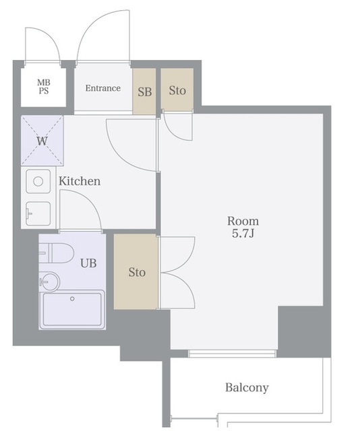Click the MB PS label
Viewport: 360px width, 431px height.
pos(44,86)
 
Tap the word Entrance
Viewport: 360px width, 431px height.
pos(103,88)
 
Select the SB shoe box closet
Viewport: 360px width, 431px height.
pos(144,92)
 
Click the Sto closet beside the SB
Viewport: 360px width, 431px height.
pos(177,90)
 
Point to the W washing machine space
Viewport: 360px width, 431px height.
pos(42,141)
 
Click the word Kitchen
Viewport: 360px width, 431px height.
pos(80,181)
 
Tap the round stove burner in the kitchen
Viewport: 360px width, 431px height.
pos(38,181)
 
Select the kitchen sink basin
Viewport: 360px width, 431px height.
pos(38,213)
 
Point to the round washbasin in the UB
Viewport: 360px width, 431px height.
pos(49,281)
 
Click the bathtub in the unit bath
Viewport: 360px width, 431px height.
pos(72,310)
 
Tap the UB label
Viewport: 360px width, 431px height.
pos(88,263)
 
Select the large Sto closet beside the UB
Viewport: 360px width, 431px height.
pos(136,271)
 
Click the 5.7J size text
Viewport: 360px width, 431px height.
pos(243,234)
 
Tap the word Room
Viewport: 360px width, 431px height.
pos(243,221)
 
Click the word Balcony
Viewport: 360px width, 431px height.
pos(247,388)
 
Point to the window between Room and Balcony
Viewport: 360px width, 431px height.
pos(232,354)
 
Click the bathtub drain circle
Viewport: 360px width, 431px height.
pos(72,299)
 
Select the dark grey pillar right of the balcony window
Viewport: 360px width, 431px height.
pos(305,332)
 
